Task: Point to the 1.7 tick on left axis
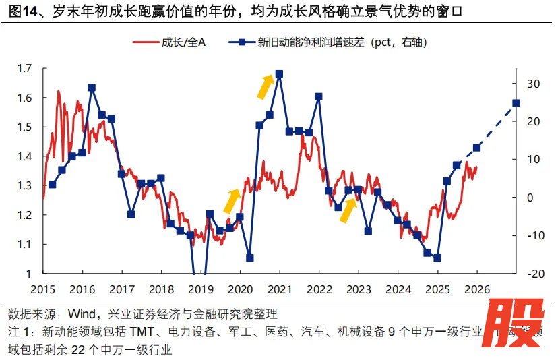coord(24,68)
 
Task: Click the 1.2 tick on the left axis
coord(24,215)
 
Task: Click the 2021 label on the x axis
coord(279,289)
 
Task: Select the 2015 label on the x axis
coord(42,289)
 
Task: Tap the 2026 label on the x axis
coord(476,289)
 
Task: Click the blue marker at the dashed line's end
coord(516,103)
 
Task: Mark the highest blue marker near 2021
coord(279,74)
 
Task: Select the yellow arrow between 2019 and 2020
coord(232,200)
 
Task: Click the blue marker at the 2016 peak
coord(92,88)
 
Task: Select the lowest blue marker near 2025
coord(437,258)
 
